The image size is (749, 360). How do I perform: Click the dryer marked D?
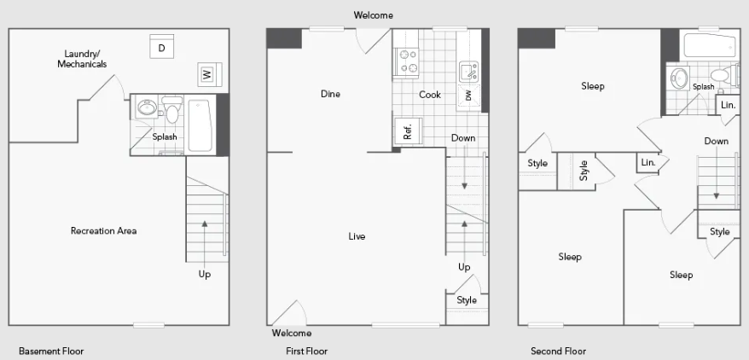161,46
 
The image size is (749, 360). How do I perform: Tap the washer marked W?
210,74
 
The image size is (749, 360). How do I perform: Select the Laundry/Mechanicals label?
82,59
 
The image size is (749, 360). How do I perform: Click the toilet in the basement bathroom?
172,109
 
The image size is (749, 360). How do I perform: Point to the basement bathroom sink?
148,107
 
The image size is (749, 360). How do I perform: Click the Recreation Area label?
104,231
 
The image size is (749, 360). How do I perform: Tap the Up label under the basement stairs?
205,275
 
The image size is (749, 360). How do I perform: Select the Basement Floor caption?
51,351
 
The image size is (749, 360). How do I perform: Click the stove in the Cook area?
405,62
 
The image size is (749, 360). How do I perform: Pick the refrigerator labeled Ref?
408,131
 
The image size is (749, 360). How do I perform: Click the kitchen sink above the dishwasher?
468,72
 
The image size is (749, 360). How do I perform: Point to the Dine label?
330,94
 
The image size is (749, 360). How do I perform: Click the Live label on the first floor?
357,236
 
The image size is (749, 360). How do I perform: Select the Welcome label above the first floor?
374,15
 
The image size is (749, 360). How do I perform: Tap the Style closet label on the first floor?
467,299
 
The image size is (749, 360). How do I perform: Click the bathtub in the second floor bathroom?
710,46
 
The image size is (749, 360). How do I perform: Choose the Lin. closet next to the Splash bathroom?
728,106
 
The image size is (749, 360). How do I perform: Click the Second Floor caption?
559,351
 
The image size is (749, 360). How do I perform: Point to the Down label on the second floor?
717,141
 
